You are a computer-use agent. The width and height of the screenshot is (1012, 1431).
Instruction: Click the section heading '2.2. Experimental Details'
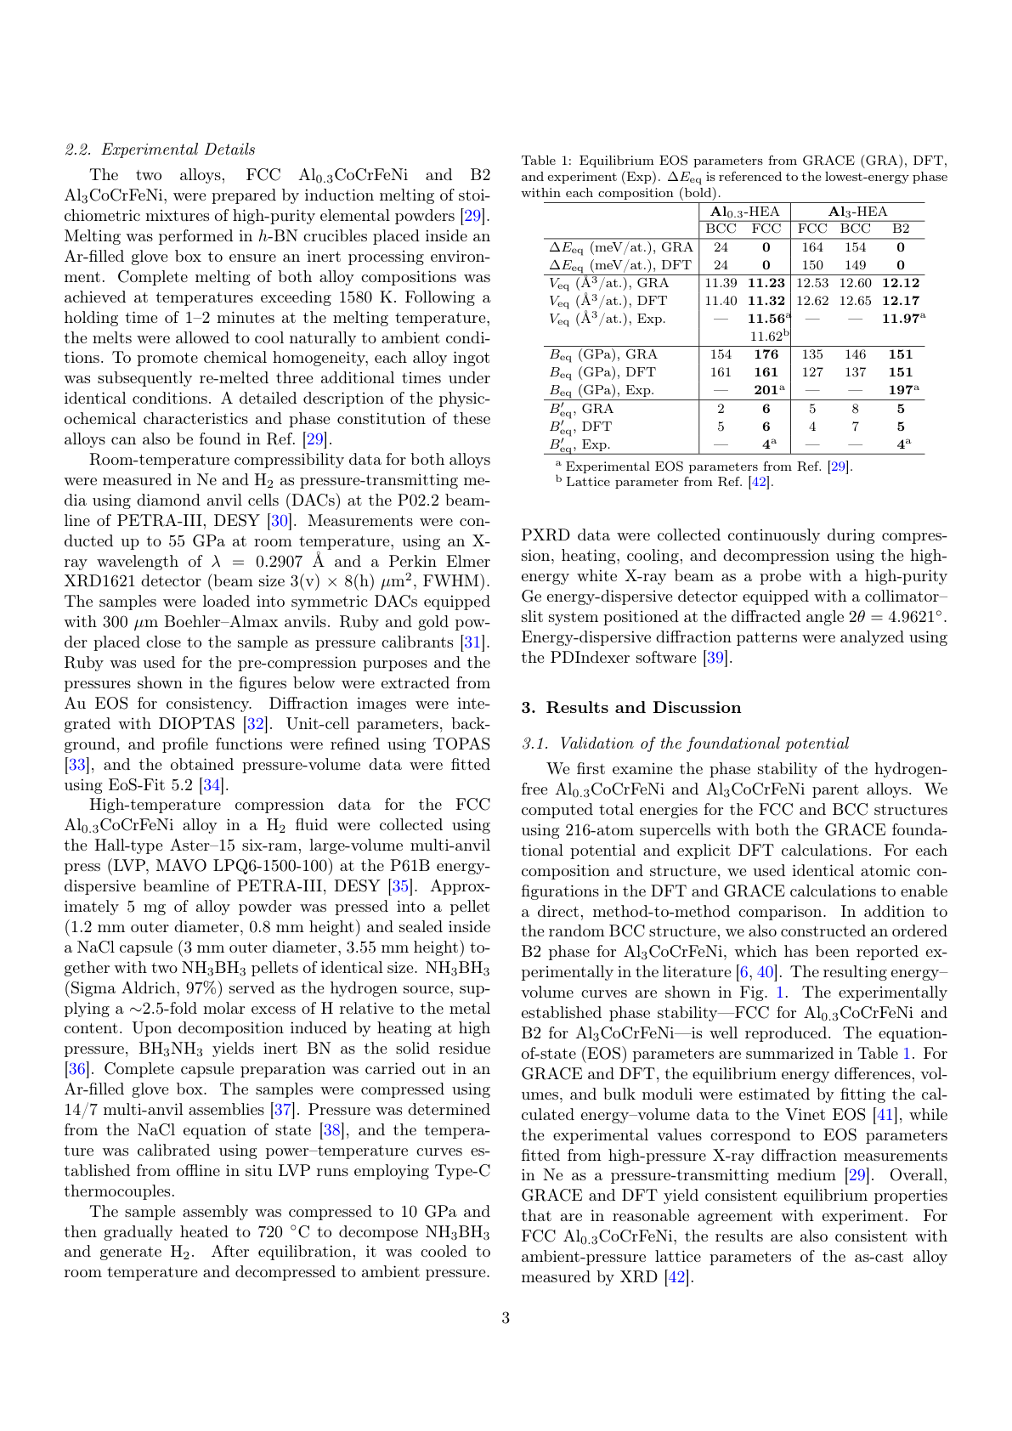[x=160, y=150]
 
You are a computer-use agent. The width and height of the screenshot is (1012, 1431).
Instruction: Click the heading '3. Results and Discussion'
[x=631, y=708]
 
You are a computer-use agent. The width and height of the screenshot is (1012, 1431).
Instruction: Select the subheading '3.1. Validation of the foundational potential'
[x=685, y=744]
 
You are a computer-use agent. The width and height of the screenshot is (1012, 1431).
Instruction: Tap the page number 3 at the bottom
[x=506, y=1318]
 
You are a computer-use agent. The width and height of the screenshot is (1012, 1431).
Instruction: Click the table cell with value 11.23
[x=766, y=283]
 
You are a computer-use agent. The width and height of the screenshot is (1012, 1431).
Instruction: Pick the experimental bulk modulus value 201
[x=766, y=389]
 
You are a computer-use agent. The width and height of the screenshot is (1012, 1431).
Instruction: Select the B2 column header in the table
[x=901, y=229]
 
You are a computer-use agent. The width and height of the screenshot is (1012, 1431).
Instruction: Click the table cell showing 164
[x=812, y=247]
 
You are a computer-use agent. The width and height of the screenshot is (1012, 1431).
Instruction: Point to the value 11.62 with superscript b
[x=768, y=336]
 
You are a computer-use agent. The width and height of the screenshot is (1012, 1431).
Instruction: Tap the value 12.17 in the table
[x=901, y=300]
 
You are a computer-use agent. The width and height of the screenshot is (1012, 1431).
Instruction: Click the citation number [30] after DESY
[x=278, y=521]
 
